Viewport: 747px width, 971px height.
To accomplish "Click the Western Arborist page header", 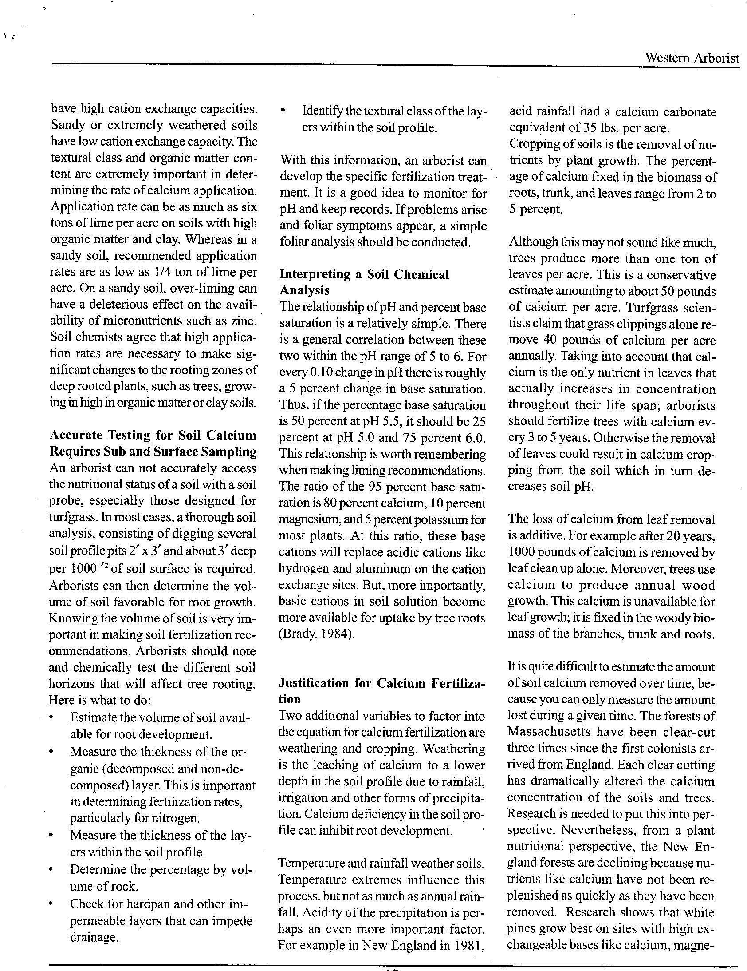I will tap(692, 58).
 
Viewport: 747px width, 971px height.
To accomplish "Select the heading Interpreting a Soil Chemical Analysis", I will tap(364, 282).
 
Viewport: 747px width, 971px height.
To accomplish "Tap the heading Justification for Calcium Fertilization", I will tap(381, 691).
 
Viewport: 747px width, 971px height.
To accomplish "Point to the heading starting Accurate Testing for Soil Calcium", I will tap(153, 443).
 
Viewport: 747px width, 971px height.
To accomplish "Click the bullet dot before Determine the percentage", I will tap(53, 869).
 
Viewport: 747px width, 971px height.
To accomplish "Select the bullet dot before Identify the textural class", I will tap(283, 111).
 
